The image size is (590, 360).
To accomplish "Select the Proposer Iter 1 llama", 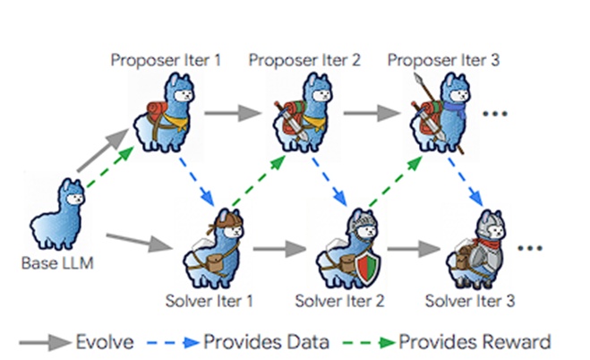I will pyautogui.click(x=165, y=112).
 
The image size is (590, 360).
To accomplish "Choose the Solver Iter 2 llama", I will pyautogui.click(x=351, y=251).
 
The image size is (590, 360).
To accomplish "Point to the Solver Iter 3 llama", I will pyautogui.click(x=483, y=251).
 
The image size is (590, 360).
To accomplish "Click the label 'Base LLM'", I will pyautogui.click(x=56, y=265).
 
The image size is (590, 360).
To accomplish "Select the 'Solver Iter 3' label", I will pyautogui.click(x=470, y=299).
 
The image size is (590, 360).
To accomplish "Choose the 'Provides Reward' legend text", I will pyautogui.click(x=475, y=341).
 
